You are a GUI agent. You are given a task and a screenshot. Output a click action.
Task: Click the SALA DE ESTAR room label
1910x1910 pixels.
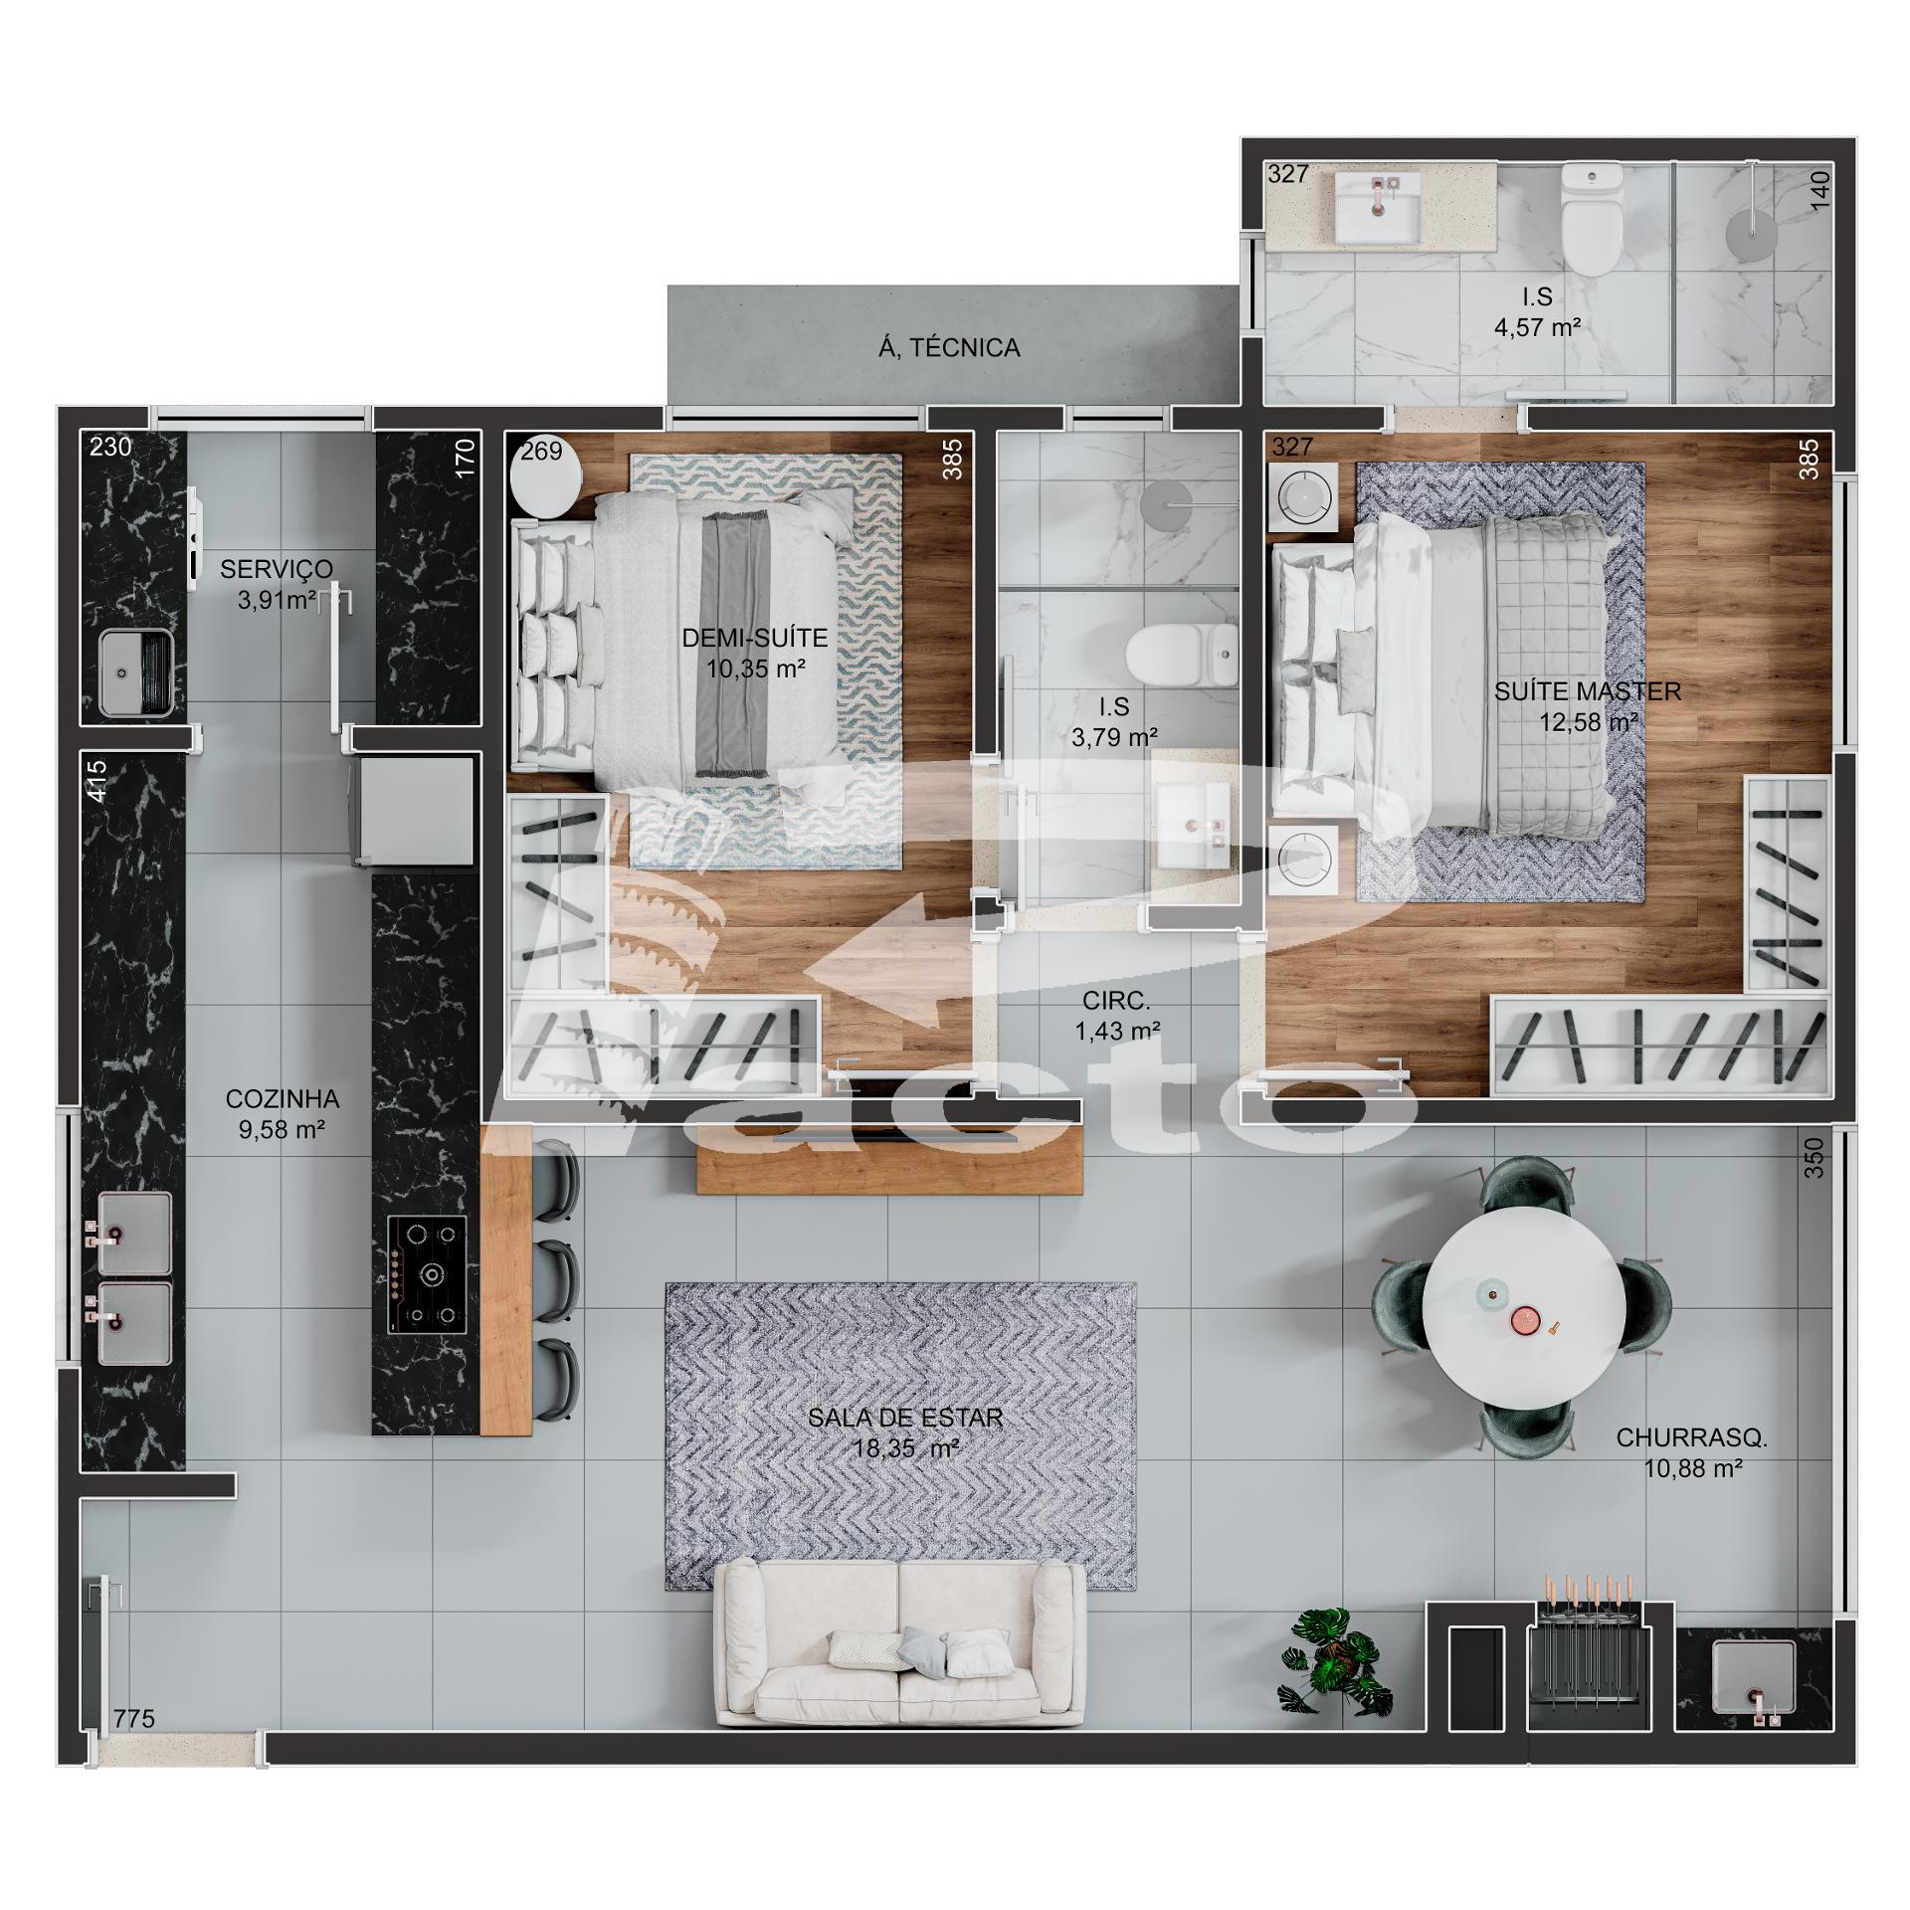(x=905, y=1418)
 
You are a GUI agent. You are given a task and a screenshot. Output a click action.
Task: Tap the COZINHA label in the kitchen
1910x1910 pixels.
(x=283, y=1099)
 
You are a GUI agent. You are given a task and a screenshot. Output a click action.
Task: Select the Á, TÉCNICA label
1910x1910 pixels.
(x=949, y=347)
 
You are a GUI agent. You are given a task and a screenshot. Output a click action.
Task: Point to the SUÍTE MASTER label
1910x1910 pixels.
(x=1588, y=691)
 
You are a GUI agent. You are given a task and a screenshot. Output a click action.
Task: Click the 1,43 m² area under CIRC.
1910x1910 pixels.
(x=1118, y=1032)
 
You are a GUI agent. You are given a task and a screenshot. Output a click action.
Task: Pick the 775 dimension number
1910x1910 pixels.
(x=134, y=1746)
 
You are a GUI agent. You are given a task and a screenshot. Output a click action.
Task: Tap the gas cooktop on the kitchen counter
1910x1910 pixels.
(x=427, y=1275)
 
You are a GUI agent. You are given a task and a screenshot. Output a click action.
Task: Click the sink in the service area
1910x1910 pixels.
(x=136, y=672)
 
